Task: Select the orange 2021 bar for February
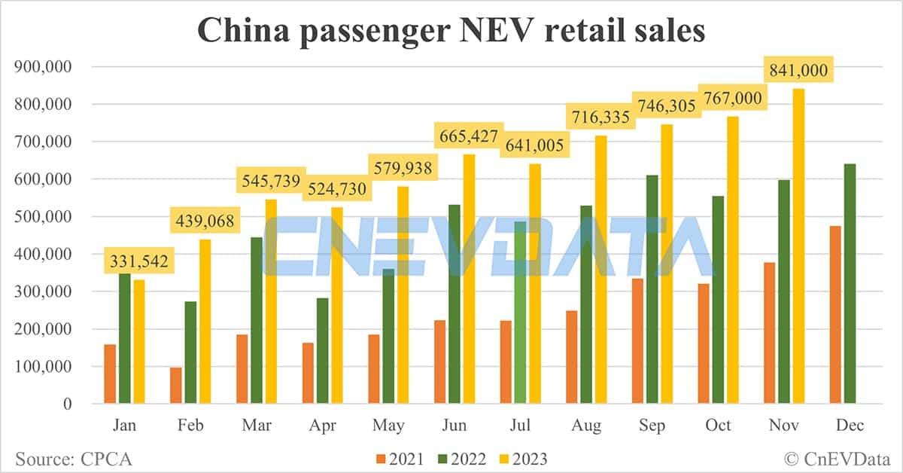pyautogui.click(x=176, y=386)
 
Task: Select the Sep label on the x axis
pyautogui.click(x=652, y=426)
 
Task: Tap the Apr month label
pyautogui.click(x=321, y=426)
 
